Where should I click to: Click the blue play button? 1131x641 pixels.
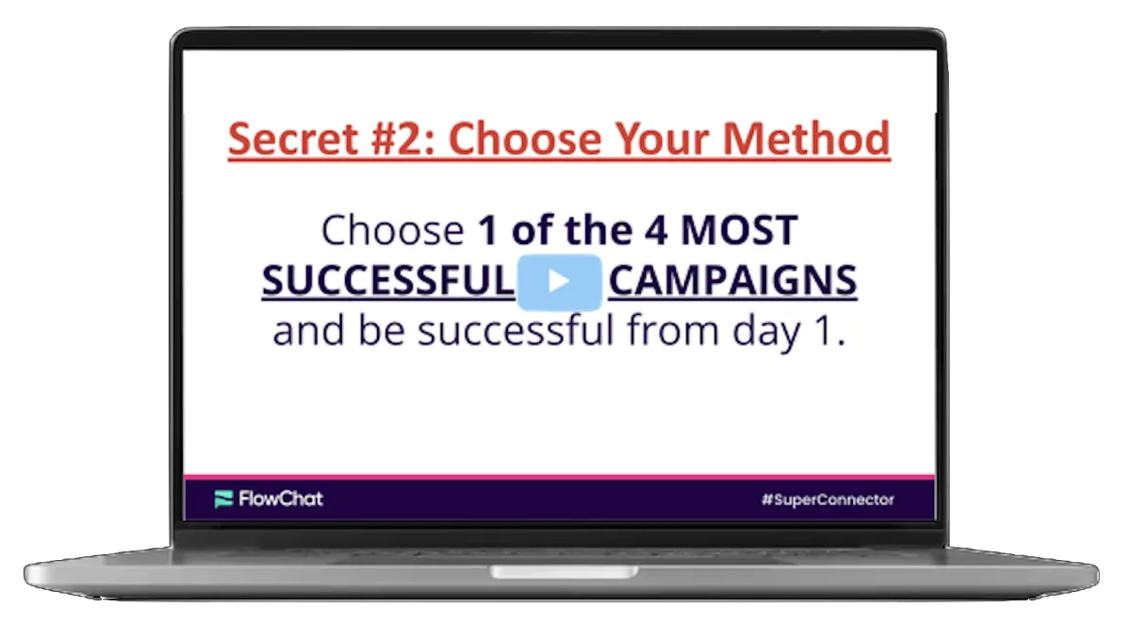(x=559, y=281)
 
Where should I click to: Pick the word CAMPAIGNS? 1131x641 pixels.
(x=732, y=281)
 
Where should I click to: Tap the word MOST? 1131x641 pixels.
(x=740, y=231)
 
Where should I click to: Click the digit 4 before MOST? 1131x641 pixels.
(x=657, y=231)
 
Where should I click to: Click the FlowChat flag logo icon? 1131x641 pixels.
(x=223, y=499)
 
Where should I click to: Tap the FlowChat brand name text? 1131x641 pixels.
(x=280, y=499)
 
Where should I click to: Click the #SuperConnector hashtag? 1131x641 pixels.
(x=828, y=500)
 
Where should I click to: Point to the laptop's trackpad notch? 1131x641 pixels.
(x=563, y=572)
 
